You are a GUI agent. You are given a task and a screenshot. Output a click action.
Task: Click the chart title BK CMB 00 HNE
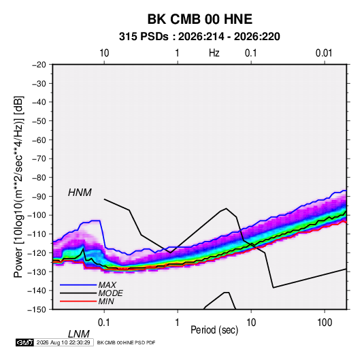(x=200, y=19)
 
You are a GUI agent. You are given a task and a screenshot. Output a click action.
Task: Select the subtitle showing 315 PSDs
(x=199, y=37)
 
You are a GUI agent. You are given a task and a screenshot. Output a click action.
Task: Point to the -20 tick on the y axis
(x=39, y=65)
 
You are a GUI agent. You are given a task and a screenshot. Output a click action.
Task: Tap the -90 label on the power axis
(x=39, y=196)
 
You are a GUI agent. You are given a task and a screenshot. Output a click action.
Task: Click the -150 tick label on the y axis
(x=37, y=310)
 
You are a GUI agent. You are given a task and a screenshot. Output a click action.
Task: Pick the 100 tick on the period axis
(x=325, y=323)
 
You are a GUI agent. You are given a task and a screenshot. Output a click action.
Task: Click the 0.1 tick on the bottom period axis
(x=104, y=323)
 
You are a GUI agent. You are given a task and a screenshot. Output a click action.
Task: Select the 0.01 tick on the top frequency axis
(x=324, y=53)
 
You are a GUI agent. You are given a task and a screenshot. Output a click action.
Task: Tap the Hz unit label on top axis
(x=214, y=53)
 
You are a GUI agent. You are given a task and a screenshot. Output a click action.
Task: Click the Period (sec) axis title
(x=214, y=330)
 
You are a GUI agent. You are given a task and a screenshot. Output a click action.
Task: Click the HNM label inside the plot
(x=80, y=193)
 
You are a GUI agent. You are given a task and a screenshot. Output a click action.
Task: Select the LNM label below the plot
(x=79, y=334)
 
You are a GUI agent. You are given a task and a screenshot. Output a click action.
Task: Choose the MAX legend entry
(x=107, y=285)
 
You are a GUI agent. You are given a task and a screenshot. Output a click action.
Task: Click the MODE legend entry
(x=110, y=293)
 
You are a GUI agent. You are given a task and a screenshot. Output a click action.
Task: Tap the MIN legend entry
(x=106, y=301)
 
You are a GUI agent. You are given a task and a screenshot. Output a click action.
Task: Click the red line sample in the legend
(x=78, y=301)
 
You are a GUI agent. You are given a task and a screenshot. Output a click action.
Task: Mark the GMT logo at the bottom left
(x=25, y=342)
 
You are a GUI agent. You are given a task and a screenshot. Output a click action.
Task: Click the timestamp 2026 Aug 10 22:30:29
(x=63, y=342)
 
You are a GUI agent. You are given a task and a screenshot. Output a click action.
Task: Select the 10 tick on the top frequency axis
(x=104, y=53)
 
